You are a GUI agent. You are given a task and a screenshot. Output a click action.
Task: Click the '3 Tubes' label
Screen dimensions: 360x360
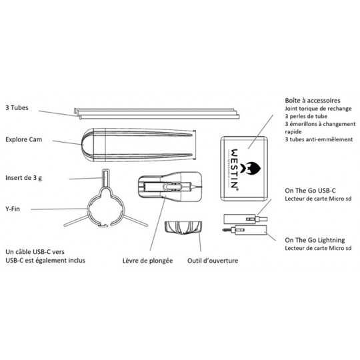click(17, 108)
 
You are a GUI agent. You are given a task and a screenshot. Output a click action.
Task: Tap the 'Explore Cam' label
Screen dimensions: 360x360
click(23, 139)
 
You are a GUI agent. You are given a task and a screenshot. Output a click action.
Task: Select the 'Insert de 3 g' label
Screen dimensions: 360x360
click(23, 178)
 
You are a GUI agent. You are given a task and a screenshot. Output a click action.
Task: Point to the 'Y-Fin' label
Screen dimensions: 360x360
click(13, 209)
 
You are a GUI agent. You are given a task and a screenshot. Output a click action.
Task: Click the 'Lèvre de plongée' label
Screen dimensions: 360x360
click(147, 261)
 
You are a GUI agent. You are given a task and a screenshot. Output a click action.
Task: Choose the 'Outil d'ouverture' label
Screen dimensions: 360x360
click(213, 261)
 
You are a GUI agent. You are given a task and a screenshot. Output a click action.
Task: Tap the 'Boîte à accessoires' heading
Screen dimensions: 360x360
click(313, 100)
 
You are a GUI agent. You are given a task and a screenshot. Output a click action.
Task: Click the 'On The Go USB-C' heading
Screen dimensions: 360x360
click(310, 191)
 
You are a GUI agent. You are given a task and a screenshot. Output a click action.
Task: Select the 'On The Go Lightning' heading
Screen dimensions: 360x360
click(315, 240)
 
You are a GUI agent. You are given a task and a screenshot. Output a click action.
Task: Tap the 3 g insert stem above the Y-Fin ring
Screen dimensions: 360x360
click(105, 178)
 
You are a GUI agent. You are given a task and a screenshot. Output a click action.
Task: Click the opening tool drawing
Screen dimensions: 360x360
click(183, 227)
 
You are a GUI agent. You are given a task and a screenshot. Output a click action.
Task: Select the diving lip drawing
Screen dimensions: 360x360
click(170, 187)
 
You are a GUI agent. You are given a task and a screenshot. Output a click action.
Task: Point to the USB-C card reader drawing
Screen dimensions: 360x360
click(245, 219)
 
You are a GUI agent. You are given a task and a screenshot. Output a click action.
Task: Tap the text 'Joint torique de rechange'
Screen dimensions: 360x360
click(318, 109)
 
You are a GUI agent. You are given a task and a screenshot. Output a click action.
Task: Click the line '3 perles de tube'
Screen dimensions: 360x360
click(306, 116)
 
